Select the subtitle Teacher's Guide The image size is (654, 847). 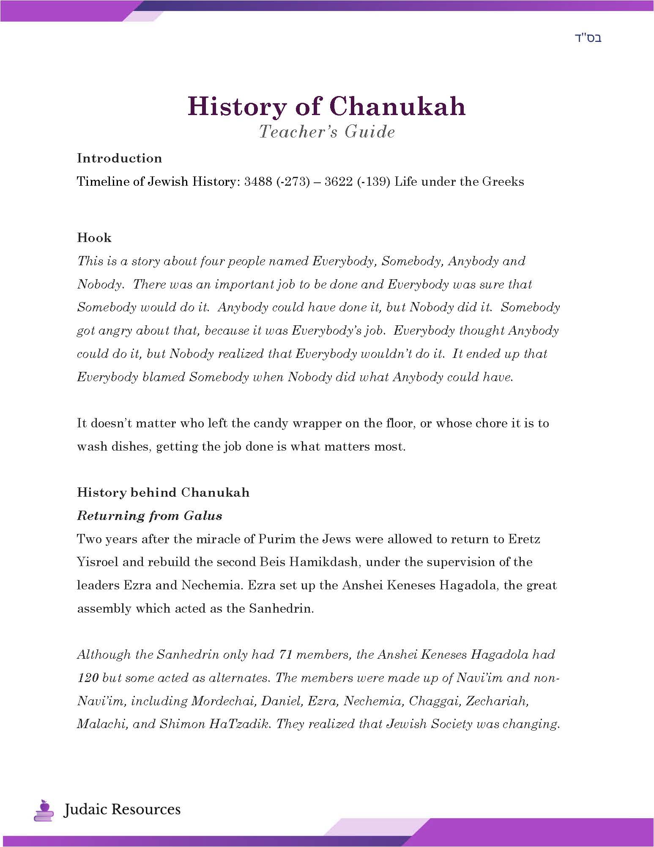327,132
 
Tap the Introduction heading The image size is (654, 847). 119,158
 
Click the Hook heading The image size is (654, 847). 94,238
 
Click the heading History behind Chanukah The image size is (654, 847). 163,492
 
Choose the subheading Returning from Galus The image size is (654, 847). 150,516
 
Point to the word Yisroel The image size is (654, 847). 97,562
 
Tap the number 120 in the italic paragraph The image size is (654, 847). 88,678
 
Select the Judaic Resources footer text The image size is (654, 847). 122,809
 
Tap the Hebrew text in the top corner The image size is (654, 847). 588,38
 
